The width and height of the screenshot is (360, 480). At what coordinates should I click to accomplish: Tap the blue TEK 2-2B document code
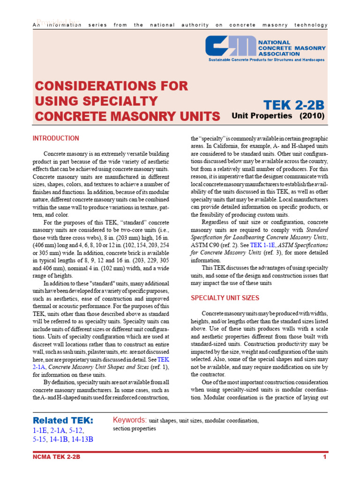tap(293, 104)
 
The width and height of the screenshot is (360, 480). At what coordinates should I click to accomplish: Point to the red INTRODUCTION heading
tap(56, 138)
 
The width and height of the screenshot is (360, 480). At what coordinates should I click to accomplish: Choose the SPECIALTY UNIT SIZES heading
tap(225, 298)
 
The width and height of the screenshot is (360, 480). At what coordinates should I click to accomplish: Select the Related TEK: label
tap(63, 420)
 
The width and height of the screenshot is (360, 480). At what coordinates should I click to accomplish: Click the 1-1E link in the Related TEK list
tap(40, 430)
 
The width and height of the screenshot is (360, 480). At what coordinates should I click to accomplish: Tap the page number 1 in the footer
tap(324, 457)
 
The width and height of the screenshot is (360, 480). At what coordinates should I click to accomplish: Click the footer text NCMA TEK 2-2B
tap(57, 457)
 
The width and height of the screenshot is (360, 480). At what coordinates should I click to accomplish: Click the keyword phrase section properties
tap(134, 428)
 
